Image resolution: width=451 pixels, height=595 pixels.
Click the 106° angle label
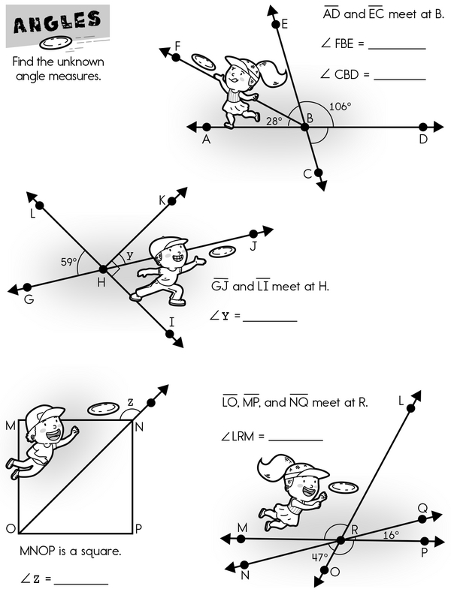[341, 107]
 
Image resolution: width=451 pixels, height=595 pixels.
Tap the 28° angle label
[274, 120]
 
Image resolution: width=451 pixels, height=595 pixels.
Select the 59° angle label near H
[69, 263]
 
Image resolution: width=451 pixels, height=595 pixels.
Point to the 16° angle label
[391, 536]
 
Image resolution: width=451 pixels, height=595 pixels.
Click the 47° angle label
[321, 557]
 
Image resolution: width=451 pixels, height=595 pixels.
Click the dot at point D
[423, 128]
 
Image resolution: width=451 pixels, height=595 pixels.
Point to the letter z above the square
[130, 402]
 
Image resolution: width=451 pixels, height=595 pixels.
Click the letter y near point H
[129, 256]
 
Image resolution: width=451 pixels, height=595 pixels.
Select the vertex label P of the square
[138, 529]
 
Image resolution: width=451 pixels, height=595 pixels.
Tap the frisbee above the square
[102, 410]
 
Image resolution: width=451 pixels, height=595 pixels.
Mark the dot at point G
[28, 287]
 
